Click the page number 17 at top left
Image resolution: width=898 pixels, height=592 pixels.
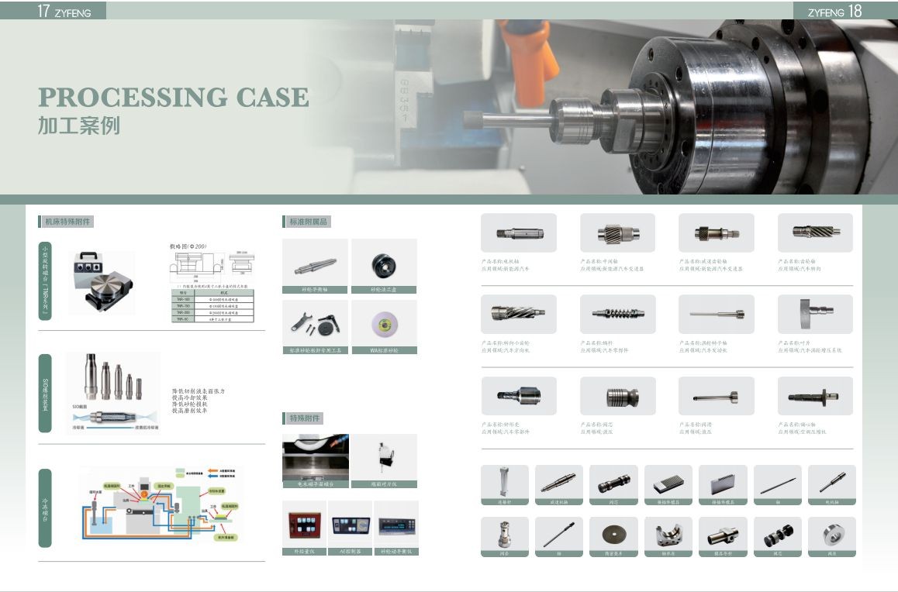point(44,11)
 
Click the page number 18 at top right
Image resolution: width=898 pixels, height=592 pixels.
point(855,11)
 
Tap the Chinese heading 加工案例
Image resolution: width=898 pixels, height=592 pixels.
point(79,126)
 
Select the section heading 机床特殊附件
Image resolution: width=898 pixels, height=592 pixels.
point(67,222)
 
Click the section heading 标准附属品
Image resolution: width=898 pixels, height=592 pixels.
point(308,222)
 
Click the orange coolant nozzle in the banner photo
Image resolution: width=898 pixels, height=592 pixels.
point(527,62)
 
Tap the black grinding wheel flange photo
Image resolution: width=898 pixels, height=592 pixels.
point(383,265)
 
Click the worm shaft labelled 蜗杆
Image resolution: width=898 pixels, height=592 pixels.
point(617,313)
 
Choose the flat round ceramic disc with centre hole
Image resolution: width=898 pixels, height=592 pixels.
point(613,534)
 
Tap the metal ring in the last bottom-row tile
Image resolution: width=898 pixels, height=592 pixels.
point(831,534)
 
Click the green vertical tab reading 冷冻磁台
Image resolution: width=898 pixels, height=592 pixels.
point(45,508)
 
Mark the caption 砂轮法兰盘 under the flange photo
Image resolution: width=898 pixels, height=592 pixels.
point(384,290)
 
